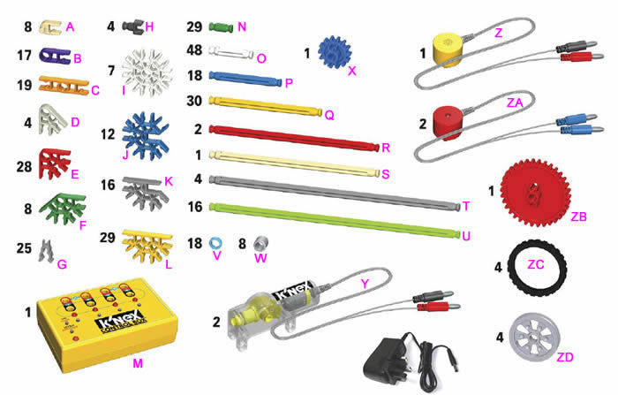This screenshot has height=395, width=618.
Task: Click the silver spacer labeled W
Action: [260, 243]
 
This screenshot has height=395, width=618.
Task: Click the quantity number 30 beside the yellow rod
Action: [195, 102]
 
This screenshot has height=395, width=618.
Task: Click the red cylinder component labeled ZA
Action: [448, 124]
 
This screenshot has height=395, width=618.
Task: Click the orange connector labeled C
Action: [63, 87]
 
